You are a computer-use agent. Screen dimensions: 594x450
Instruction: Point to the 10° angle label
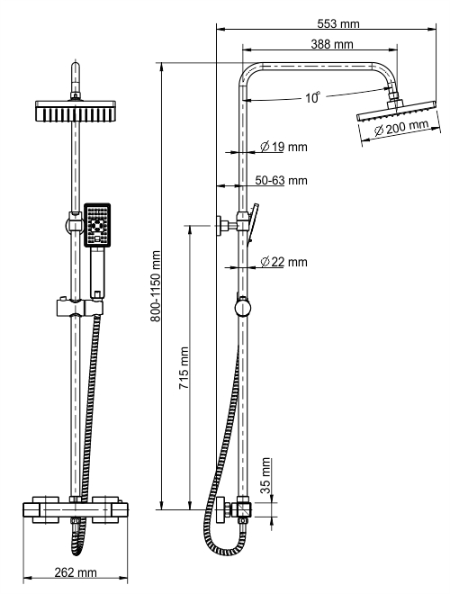312,98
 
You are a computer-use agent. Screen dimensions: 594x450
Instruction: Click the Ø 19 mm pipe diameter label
283,146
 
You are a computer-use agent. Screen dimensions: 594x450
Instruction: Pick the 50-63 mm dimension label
281,180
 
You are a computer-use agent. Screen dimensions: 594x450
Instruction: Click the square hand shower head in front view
96,225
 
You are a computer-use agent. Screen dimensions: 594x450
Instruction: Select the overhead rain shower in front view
76,112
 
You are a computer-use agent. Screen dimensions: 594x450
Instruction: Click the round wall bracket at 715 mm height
220,224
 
